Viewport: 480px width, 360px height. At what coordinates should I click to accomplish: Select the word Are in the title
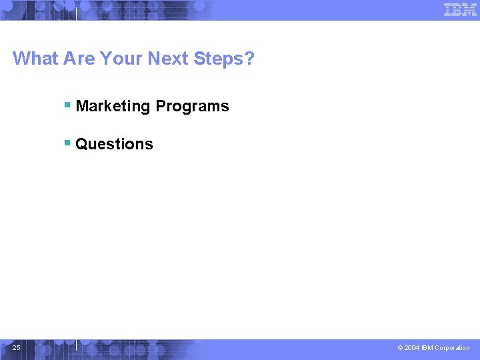pyautogui.click(x=79, y=59)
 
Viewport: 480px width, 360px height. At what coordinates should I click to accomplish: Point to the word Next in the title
pyautogui.click(x=168, y=59)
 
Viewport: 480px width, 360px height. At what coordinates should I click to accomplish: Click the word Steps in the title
pyautogui.click(x=219, y=59)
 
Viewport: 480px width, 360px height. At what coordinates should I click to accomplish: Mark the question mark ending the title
pyautogui.click(x=250, y=59)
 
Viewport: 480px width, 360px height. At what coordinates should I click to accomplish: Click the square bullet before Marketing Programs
pyautogui.click(x=67, y=105)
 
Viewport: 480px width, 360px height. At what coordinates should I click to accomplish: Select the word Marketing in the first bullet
pyautogui.click(x=113, y=106)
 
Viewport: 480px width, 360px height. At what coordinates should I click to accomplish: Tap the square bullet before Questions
pyautogui.click(x=67, y=143)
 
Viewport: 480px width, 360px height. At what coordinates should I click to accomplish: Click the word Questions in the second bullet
pyautogui.click(x=114, y=144)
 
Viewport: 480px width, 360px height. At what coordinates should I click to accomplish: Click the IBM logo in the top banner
pyautogui.click(x=460, y=9)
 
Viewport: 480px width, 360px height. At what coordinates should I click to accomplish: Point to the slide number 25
pyautogui.click(x=17, y=347)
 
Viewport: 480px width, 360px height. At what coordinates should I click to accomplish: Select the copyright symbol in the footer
pyautogui.click(x=400, y=348)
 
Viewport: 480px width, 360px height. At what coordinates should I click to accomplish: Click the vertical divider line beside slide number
pyautogui.click(x=77, y=345)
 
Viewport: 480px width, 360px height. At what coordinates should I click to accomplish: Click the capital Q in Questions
pyautogui.click(x=81, y=144)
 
